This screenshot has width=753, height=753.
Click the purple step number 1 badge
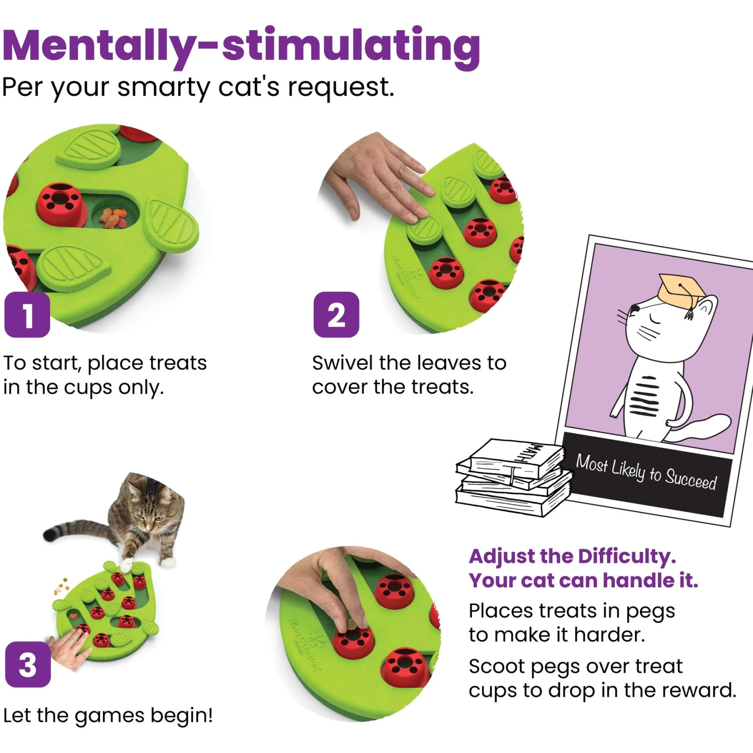(x=27, y=315)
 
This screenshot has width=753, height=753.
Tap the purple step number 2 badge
(x=336, y=315)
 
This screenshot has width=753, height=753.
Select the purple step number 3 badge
(x=28, y=664)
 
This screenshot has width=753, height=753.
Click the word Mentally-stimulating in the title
(x=241, y=46)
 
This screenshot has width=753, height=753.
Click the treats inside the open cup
(x=114, y=217)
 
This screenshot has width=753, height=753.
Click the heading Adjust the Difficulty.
(x=572, y=556)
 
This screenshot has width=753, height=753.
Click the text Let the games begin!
(x=108, y=715)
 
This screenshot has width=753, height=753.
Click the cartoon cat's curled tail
(x=703, y=427)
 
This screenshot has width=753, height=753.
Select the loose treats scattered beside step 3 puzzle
(x=62, y=585)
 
